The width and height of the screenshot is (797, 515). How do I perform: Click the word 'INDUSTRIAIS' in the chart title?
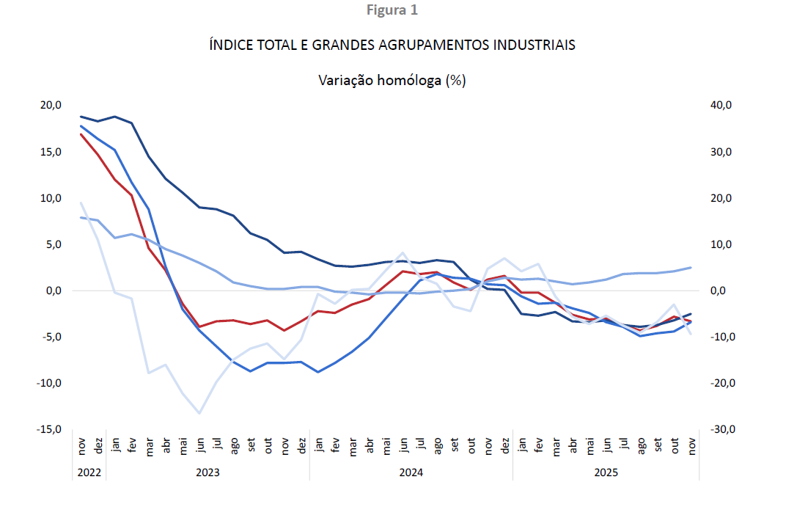point(534,45)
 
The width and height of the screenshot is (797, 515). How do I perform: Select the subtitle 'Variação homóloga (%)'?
point(392,81)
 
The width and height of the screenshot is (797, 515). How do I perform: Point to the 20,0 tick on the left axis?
point(51,106)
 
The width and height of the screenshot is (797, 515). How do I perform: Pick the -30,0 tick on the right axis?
point(721,429)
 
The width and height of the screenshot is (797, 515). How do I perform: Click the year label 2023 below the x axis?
point(207,473)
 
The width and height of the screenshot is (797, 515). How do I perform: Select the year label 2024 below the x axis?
point(411,473)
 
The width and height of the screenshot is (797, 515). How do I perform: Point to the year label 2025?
point(606,473)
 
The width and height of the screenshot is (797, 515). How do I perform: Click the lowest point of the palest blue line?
point(199,414)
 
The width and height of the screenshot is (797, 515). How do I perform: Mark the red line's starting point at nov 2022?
point(81,134)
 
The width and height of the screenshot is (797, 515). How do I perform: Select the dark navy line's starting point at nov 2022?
point(81,116)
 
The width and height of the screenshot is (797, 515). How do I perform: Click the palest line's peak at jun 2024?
point(403,252)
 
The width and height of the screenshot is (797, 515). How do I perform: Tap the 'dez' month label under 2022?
point(98,445)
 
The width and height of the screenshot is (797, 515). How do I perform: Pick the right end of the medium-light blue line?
point(691,267)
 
